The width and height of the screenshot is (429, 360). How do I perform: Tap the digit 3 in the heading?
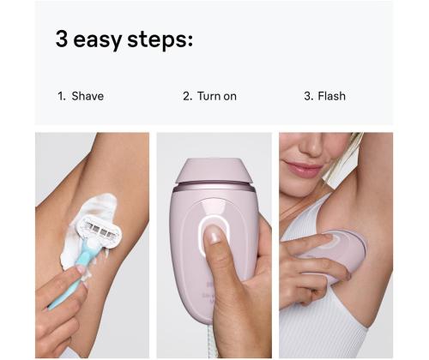[x=63, y=39]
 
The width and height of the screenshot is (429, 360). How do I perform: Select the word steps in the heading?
[x=165, y=40]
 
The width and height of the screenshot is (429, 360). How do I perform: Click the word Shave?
[x=88, y=96]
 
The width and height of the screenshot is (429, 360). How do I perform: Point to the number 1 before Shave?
[x=61, y=96]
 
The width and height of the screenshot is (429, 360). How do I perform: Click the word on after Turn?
[x=230, y=96]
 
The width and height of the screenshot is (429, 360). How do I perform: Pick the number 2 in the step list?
[x=186, y=96]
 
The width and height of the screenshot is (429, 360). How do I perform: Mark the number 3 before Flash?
[x=307, y=96]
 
